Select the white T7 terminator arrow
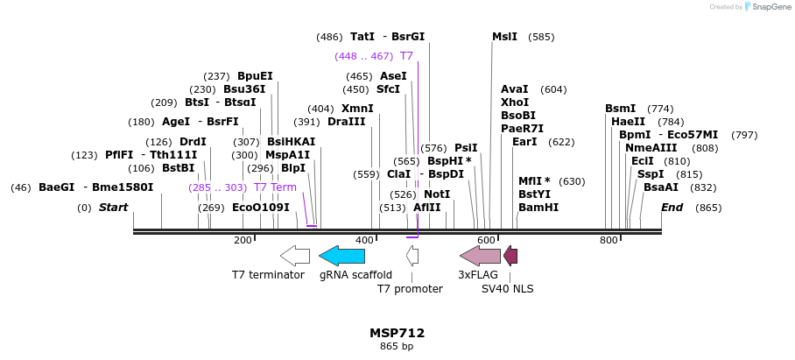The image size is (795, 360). pos(294,256)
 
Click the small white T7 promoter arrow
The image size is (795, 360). pos(412,256)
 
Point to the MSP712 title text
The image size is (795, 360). pos(397,333)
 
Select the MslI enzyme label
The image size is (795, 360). pos(504,37)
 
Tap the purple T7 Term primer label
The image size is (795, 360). pos(275,187)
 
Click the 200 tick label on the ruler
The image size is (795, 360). pos(243,240)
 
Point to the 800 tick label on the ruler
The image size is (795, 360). pos(608,240)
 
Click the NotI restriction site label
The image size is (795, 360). pos(437,194)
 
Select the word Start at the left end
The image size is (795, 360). pos(113,208)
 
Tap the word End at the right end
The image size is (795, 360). pos(672,208)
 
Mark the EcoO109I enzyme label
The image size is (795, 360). pos(260,208)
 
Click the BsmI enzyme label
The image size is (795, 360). pos(620,109)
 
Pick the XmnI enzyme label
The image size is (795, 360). pos(357,109)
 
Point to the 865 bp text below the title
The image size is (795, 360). pos(397,347)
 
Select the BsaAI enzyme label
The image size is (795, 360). pos(660,187)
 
